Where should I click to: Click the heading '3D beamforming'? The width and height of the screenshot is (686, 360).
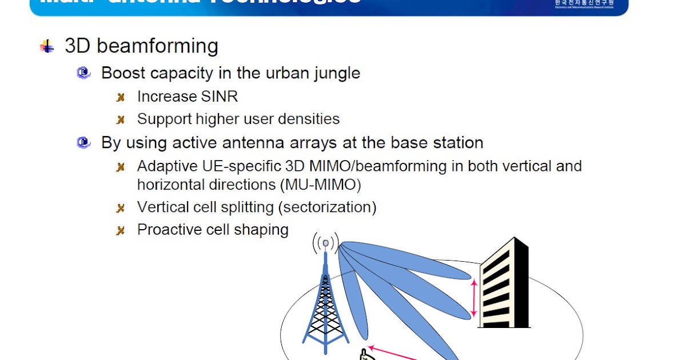click(x=141, y=46)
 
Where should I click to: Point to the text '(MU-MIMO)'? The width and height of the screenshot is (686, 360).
click(x=321, y=185)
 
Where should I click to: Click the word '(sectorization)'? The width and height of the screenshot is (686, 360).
click(x=327, y=207)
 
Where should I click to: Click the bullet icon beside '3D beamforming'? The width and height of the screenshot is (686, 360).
click(x=47, y=46)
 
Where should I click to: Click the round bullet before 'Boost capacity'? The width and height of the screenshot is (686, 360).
click(x=84, y=73)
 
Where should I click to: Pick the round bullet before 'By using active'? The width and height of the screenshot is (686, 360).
click(x=84, y=142)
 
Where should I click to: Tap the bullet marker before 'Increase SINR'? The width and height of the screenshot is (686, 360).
click(x=121, y=97)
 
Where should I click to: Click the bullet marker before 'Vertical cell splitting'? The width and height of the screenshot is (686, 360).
click(x=121, y=208)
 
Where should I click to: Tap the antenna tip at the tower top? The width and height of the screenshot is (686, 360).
click(x=326, y=243)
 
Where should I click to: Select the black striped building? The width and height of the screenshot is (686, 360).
click(x=503, y=286)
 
